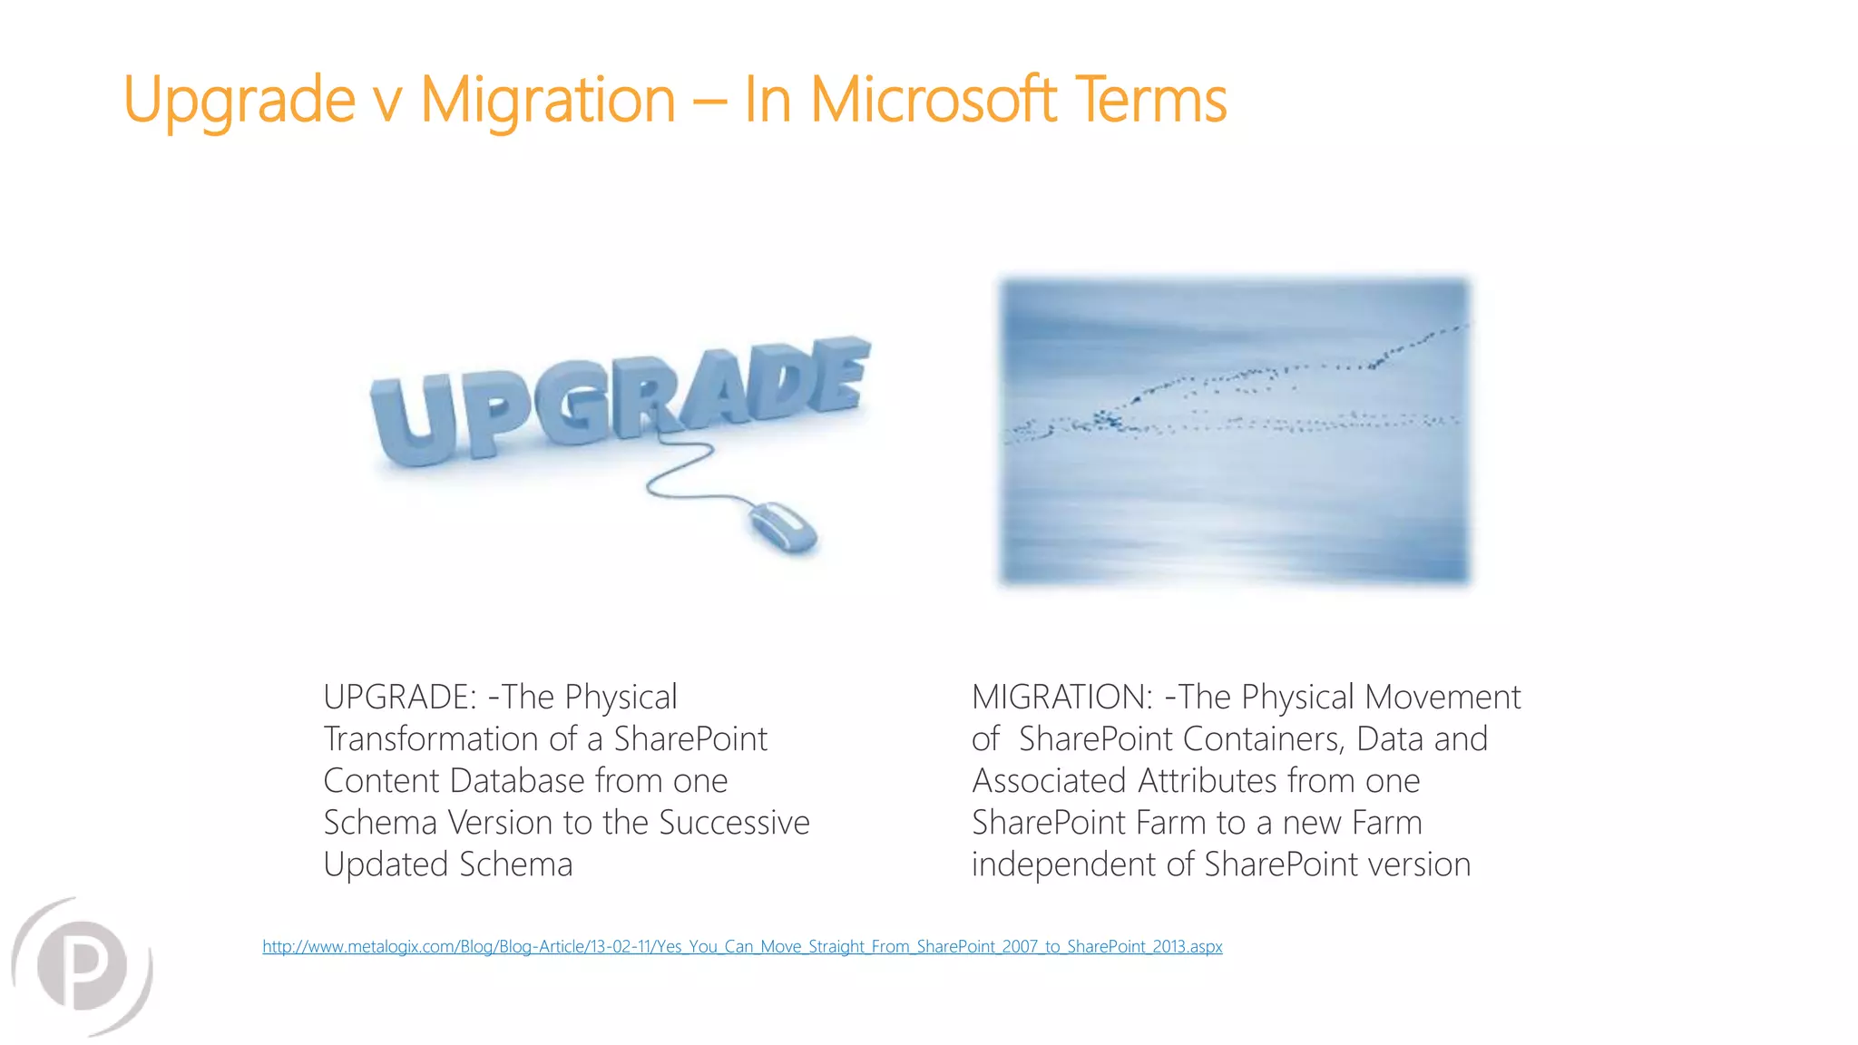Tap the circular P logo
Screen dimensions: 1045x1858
click(x=83, y=966)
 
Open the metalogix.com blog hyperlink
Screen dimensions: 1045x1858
click(x=742, y=946)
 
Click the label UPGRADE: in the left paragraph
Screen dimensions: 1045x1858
click(x=400, y=697)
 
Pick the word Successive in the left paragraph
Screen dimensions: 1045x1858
click(x=734, y=822)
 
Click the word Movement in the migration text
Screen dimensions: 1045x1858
click(x=1442, y=697)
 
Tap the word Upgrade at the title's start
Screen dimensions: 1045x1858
click(x=239, y=100)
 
